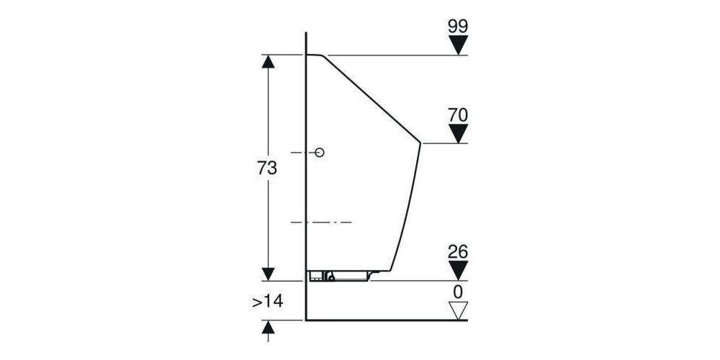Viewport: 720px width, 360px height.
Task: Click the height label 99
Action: tap(458, 27)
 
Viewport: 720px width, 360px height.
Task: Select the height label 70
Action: tap(458, 115)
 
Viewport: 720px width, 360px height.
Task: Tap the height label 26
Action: tap(458, 251)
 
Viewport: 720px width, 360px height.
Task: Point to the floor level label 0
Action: tap(458, 292)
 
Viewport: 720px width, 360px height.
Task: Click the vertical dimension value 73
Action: tap(267, 168)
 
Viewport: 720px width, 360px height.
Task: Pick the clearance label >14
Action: tap(267, 302)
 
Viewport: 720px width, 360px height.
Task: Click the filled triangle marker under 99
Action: tap(458, 45)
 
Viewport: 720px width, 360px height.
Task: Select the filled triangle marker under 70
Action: tap(458, 134)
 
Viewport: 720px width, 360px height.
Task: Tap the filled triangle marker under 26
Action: tap(458, 271)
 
